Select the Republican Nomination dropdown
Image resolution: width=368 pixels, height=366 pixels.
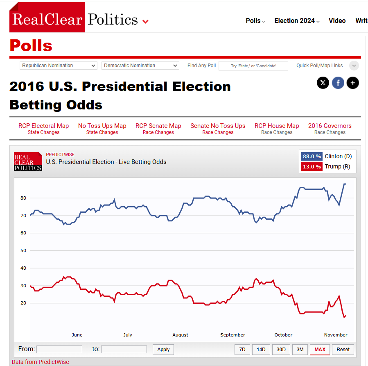coord(59,66)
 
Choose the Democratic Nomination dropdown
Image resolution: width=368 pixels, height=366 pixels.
coord(140,66)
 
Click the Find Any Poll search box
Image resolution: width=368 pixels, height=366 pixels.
coord(253,66)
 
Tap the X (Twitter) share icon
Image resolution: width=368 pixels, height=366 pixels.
coord(323,83)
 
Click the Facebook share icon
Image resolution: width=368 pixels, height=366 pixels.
coord(338,83)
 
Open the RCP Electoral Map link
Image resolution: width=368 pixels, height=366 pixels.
coord(43,126)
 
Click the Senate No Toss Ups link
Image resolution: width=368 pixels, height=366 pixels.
coord(218,126)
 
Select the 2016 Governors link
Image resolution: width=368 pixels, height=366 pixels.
coord(330,126)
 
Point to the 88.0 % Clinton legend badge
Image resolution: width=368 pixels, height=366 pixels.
coord(312,156)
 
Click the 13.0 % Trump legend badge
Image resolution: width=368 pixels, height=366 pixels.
coord(312,167)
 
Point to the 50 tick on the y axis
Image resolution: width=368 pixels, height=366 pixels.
coord(23,250)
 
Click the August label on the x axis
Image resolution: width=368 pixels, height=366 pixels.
coord(180,335)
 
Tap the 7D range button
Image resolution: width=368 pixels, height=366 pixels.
coord(242,350)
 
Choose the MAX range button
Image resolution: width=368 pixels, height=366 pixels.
coord(320,350)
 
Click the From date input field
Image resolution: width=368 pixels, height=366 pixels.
coord(59,350)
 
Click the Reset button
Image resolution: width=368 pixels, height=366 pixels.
coord(343,350)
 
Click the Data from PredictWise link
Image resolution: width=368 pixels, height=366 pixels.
coord(41,362)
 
